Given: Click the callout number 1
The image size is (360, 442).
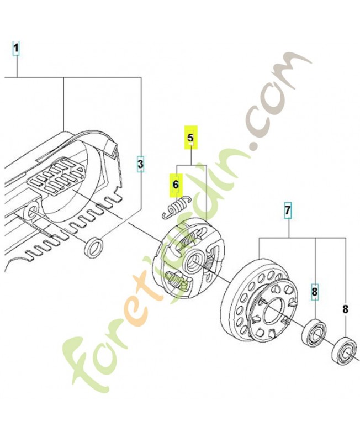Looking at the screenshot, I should click(17, 49).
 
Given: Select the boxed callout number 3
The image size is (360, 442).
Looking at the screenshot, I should click(140, 164).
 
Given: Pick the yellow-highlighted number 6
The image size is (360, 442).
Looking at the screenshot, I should click(176, 185).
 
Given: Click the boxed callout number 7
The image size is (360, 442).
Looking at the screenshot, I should click(287, 211).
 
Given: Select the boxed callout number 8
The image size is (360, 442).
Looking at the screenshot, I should click(314, 291).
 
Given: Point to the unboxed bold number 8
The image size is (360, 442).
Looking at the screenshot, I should click(346, 310).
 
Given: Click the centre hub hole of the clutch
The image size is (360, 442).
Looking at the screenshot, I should click(195, 260).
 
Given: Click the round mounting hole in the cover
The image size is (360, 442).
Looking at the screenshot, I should click(33, 210).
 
